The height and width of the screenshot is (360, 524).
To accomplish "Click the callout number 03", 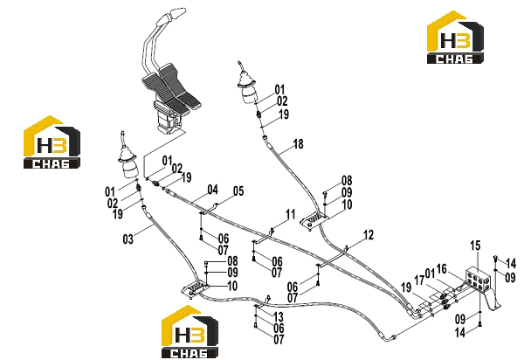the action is click(128, 239).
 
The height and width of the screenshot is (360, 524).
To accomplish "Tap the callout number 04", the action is click(212, 190).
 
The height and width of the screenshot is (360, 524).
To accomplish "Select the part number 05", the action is click(238, 191).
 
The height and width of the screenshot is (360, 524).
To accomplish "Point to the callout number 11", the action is click(290, 214).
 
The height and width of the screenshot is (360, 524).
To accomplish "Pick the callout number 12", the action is click(368, 235).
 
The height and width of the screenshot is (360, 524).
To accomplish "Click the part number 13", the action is click(278, 316).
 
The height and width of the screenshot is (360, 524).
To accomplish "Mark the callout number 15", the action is click(475, 246).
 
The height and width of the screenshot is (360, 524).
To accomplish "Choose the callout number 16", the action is click(441, 268).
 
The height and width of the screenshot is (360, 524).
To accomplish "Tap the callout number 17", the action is click(419, 280).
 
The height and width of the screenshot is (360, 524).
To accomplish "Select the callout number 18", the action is click(298, 144).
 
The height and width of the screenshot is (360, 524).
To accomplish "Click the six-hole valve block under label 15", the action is click(479, 280).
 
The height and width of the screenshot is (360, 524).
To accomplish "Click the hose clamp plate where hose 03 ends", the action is click(195, 288).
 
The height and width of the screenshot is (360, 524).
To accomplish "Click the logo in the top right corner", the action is click(455, 37).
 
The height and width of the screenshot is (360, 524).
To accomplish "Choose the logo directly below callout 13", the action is click(190, 332).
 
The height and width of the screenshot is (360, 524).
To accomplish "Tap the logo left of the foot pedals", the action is click(52, 142).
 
